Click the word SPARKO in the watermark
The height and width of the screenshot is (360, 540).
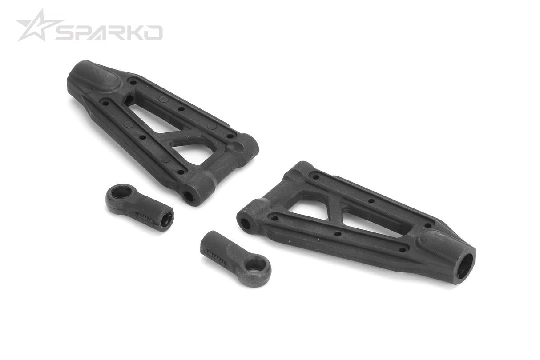[109, 32]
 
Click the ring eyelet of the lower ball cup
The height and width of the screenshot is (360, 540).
[254, 265]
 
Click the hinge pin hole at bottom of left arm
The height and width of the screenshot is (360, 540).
[189, 196]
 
